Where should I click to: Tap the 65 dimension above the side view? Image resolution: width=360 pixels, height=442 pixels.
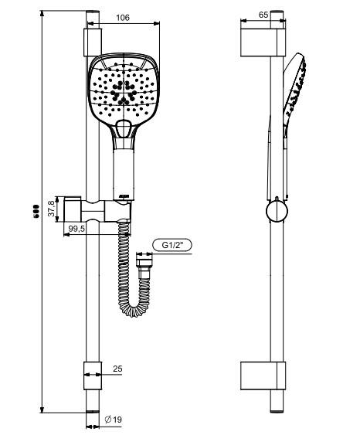click(x=263, y=14)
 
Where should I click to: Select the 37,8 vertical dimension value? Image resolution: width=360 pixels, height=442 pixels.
click(x=52, y=208)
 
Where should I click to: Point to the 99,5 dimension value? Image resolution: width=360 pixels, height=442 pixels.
click(x=76, y=229)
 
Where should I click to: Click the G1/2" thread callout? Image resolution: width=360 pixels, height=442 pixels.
click(x=172, y=245)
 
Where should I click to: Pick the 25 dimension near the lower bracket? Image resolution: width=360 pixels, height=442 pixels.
click(x=118, y=369)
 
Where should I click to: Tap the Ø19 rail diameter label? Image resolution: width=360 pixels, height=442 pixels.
click(x=113, y=420)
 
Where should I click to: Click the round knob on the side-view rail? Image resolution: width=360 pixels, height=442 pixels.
click(x=274, y=209)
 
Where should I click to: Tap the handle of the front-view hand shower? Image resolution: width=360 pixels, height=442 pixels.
click(x=122, y=169)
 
